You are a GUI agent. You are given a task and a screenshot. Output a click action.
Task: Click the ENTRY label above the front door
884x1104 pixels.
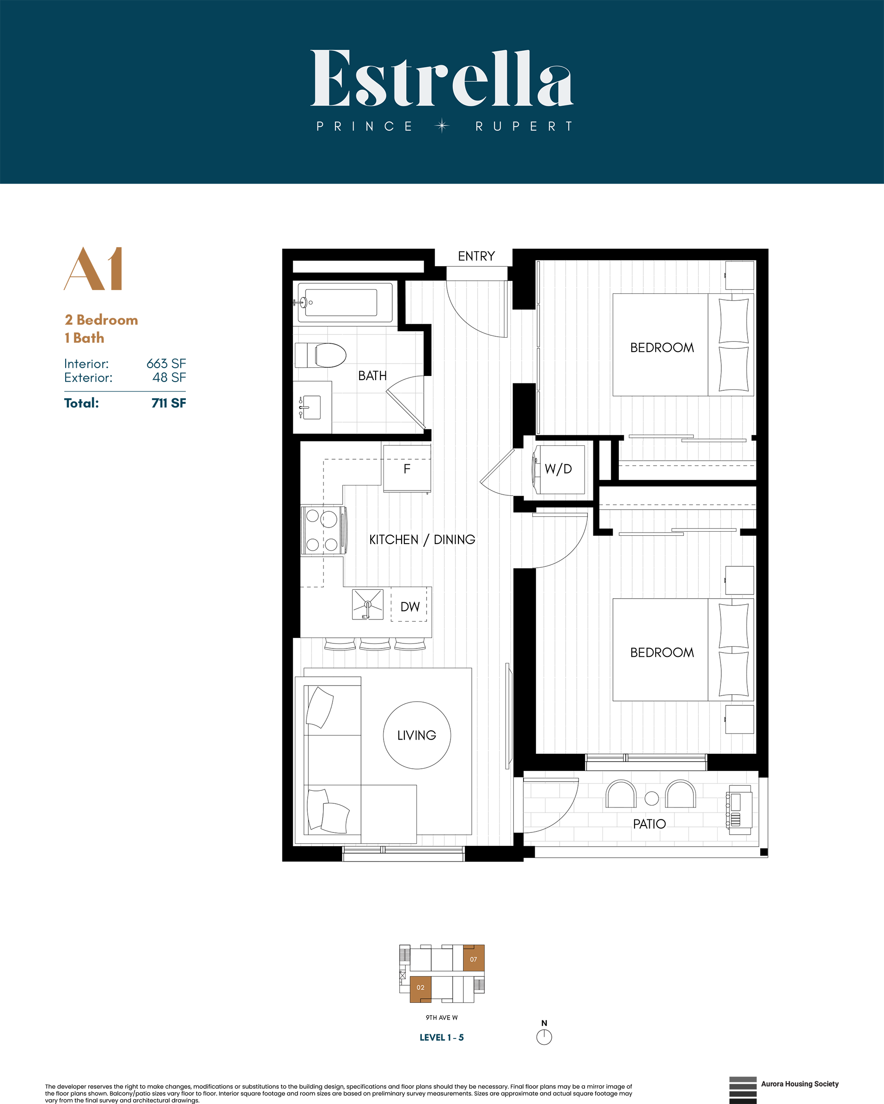click(x=476, y=256)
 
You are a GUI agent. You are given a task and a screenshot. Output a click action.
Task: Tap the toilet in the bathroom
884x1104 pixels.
click(x=322, y=355)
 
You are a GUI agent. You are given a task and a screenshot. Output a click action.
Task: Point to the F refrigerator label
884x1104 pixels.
click(x=407, y=469)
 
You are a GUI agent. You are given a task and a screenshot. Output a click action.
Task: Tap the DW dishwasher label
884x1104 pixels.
click(x=410, y=607)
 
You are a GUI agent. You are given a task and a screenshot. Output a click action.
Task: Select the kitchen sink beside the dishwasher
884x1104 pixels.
click(x=367, y=605)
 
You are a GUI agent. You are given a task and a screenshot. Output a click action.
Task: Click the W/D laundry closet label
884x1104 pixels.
click(x=558, y=469)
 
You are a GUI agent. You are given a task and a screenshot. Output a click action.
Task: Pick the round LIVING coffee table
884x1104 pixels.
click(x=416, y=735)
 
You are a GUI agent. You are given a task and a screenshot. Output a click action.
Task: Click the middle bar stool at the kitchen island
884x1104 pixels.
click(x=375, y=645)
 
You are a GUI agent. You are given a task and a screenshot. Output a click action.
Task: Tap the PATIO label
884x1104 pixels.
click(x=649, y=824)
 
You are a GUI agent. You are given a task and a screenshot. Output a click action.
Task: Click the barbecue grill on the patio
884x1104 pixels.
click(x=738, y=810)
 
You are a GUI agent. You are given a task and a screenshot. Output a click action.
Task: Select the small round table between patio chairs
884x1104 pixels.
click(x=652, y=798)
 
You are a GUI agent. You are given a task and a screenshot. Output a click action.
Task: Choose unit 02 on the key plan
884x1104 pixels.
click(x=421, y=987)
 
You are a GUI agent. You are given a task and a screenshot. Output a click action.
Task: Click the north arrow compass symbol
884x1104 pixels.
click(x=544, y=1037)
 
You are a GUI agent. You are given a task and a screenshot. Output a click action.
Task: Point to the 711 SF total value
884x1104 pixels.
click(x=169, y=403)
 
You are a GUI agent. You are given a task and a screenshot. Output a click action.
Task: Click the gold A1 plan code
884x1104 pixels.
click(x=94, y=269)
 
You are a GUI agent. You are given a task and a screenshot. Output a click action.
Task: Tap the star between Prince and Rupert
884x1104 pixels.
click(x=442, y=126)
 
